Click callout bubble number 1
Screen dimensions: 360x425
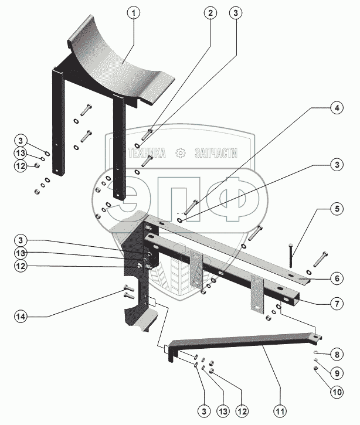point(134,13)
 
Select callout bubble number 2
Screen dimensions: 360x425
point(210,13)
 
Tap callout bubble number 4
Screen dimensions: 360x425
point(337,108)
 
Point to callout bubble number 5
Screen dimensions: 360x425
point(337,209)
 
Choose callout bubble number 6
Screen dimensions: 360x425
point(337,278)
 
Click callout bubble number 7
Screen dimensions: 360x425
point(337,304)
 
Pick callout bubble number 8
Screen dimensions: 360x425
point(337,355)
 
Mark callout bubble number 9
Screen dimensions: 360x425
point(337,373)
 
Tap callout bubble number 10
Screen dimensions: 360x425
point(337,392)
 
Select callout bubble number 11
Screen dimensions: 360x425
point(280,412)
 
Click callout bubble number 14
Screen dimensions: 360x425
point(21,317)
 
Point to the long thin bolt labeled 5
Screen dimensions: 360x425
point(291,256)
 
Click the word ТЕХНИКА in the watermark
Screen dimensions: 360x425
point(147,153)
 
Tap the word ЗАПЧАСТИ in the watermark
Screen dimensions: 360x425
point(216,153)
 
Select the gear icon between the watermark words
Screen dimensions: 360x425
point(180,153)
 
